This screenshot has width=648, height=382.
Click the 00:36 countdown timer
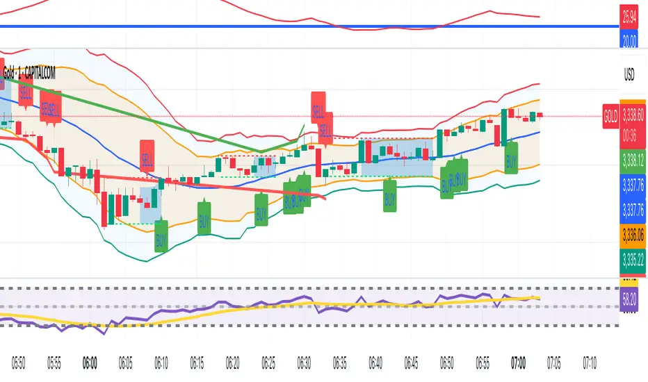[x=630, y=126]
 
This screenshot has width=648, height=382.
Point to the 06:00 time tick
[x=90, y=363]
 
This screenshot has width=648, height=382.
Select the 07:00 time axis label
[x=518, y=363]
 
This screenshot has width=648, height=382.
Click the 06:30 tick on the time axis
[x=304, y=363]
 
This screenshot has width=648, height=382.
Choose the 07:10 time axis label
[x=590, y=363]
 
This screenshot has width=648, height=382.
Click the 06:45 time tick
[x=411, y=363]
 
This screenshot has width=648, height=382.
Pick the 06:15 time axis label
[x=197, y=363]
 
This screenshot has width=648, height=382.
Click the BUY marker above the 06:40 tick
[x=390, y=195]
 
